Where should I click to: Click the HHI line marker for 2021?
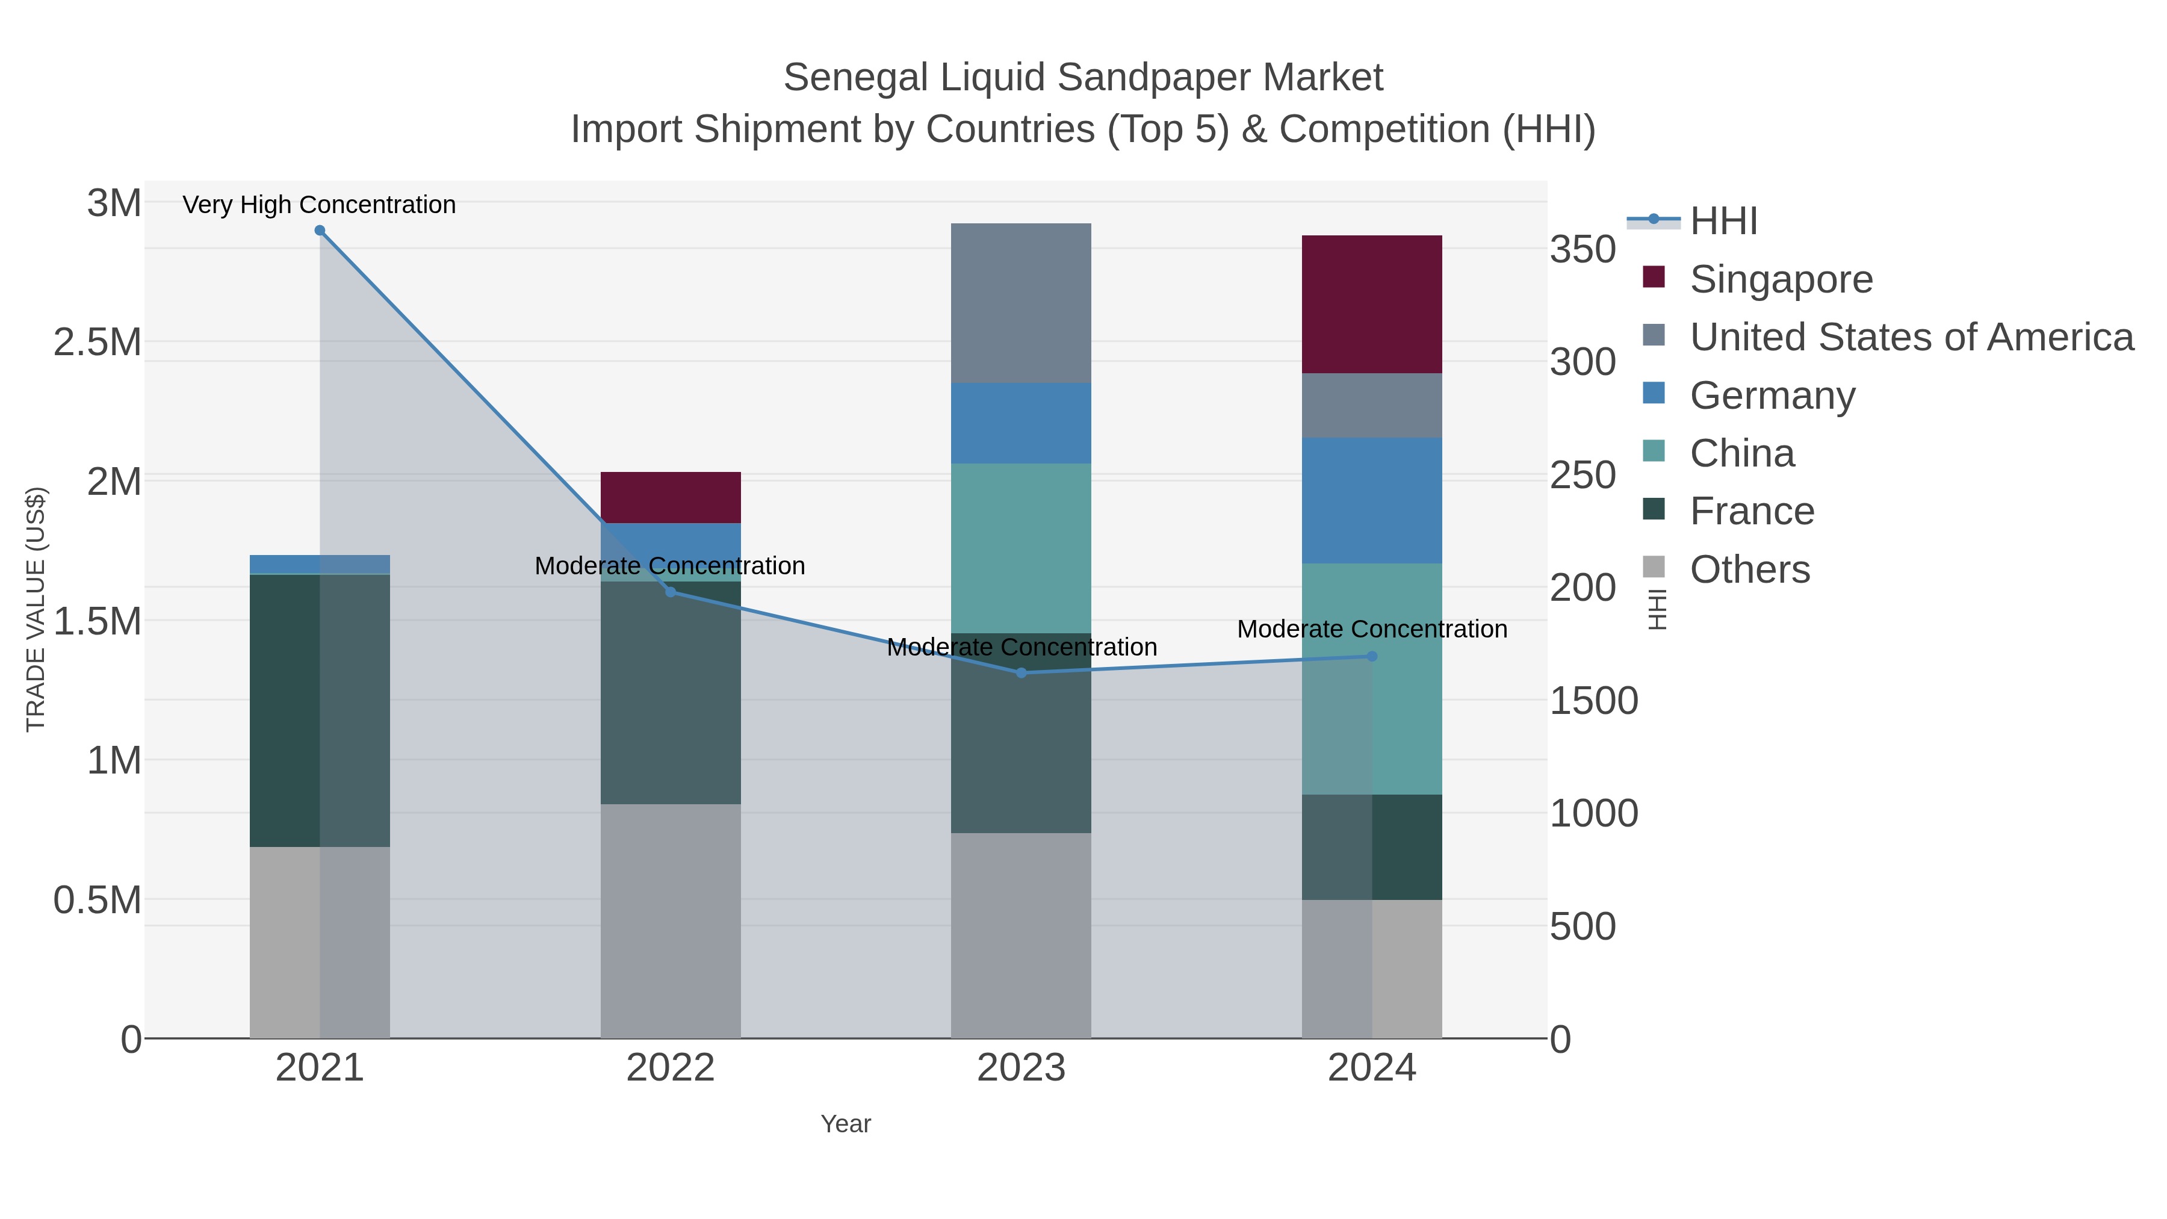pyautogui.click(x=320, y=231)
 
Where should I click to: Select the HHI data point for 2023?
pyautogui.click(x=1021, y=673)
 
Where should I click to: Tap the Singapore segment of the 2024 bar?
pyautogui.click(x=1372, y=305)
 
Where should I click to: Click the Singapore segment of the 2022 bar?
pyautogui.click(x=671, y=497)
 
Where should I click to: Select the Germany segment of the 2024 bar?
pyautogui.click(x=1372, y=501)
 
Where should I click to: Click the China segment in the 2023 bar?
pyautogui.click(x=1021, y=548)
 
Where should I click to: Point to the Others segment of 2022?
pyautogui.click(x=671, y=920)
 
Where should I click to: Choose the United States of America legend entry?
pyautogui.click(x=1911, y=337)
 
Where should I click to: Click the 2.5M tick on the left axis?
pyautogui.click(x=97, y=343)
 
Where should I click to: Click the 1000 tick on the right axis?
pyautogui.click(x=1593, y=813)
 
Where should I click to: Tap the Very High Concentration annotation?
pyautogui.click(x=320, y=205)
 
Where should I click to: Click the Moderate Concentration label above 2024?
pyautogui.click(x=1372, y=629)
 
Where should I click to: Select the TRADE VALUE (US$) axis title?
pyautogui.click(x=36, y=609)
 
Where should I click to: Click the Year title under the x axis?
pyautogui.click(x=846, y=1124)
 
